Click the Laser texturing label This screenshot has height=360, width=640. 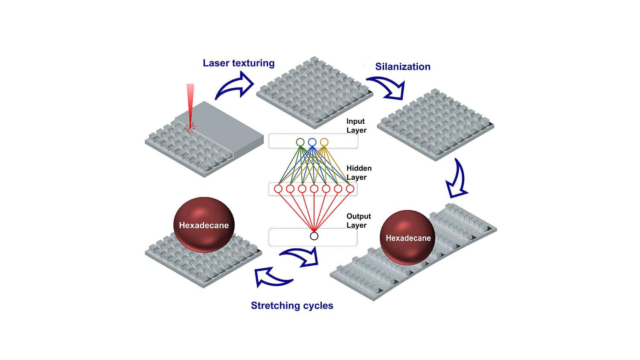pos(239,63)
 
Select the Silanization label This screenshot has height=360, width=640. pos(402,67)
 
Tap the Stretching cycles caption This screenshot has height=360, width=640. pos(292,305)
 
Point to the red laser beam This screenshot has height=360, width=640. pos(190,102)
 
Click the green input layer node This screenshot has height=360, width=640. pos(300,142)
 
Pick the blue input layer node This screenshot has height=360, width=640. pos(312,142)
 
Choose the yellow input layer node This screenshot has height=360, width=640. pos(324,142)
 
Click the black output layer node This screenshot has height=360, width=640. pos(314,236)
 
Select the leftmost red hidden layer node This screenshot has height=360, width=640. pos(278,189)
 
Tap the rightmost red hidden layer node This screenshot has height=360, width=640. pos(350,189)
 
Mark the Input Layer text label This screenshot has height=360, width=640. pos(356,126)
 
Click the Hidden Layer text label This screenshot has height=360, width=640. pos(358,173)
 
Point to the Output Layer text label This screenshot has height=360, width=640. pos(358,221)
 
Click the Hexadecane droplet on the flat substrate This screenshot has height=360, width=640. pos(204,225)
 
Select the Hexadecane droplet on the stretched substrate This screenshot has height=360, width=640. pos(408,238)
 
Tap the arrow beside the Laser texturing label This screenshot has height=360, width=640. pos(235,85)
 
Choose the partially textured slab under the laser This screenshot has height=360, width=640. pos(205,136)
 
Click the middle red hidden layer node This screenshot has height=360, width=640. pos(314,189)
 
